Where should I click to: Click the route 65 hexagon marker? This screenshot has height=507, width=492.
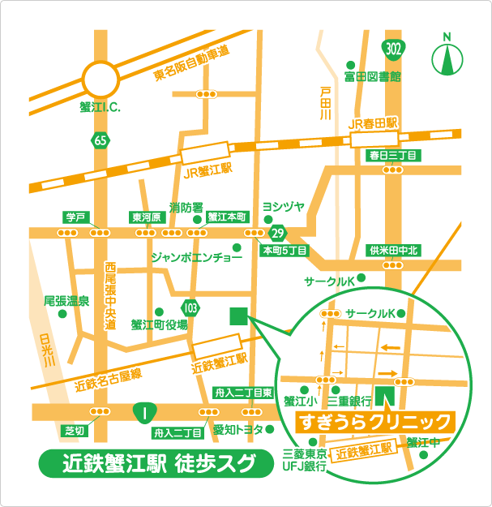tap(100, 140)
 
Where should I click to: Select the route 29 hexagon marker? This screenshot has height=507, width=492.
tap(278, 234)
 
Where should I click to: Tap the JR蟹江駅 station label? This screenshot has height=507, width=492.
tap(207, 171)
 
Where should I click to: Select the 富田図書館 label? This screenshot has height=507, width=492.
tap(372, 77)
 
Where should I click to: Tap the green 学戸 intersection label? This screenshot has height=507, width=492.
tap(75, 217)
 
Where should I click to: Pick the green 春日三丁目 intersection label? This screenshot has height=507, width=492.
tap(392, 155)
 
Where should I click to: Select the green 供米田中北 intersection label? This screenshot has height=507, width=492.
tap(392, 250)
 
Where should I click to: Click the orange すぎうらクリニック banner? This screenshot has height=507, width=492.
tap(375, 421)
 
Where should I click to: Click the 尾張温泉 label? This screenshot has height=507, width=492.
tap(66, 301)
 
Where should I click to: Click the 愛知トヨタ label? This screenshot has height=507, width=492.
tap(238, 430)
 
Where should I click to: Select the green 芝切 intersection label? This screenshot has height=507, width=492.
tap(74, 430)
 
